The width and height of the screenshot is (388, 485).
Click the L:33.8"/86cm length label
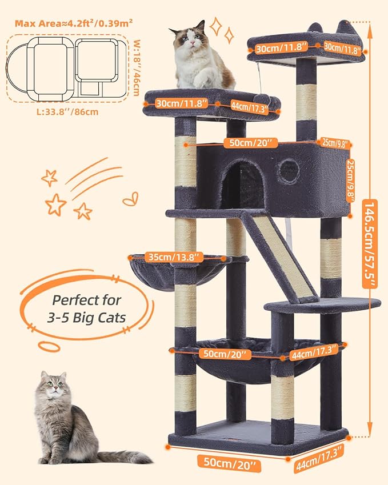pyautogui.click(x=65, y=111)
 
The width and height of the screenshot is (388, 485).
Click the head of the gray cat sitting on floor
pyautogui.click(x=53, y=388)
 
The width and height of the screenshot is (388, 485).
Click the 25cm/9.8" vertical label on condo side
pyautogui.click(x=358, y=179)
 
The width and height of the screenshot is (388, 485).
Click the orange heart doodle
pyautogui.click(x=130, y=199)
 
